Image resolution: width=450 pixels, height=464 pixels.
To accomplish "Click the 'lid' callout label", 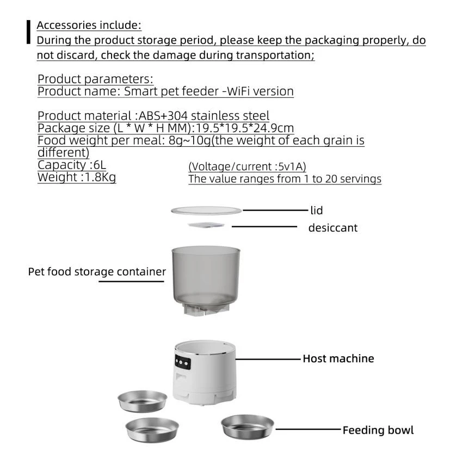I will (317, 210).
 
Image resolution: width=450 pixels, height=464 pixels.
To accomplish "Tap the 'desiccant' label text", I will (332, 228).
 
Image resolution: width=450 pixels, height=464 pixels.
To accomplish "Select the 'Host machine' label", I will (338, 358).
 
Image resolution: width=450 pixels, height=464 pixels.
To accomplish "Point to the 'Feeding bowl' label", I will (378, 430).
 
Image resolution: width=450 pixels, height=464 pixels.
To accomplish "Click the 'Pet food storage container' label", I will (97, 271).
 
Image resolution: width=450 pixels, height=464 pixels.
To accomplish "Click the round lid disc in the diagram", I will (206, 211).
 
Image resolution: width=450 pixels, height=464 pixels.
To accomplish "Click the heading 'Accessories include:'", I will (89, 25).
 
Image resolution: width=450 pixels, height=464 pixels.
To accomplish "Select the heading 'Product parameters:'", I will (95, 79).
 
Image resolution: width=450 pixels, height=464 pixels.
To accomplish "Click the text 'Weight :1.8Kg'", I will (76, 177).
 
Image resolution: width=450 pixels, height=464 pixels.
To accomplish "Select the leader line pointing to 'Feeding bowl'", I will (307, 430).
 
